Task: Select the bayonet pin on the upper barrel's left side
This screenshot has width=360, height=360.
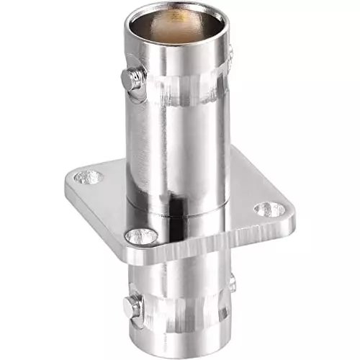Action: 130,78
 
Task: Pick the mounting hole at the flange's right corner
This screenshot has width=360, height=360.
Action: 269,210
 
